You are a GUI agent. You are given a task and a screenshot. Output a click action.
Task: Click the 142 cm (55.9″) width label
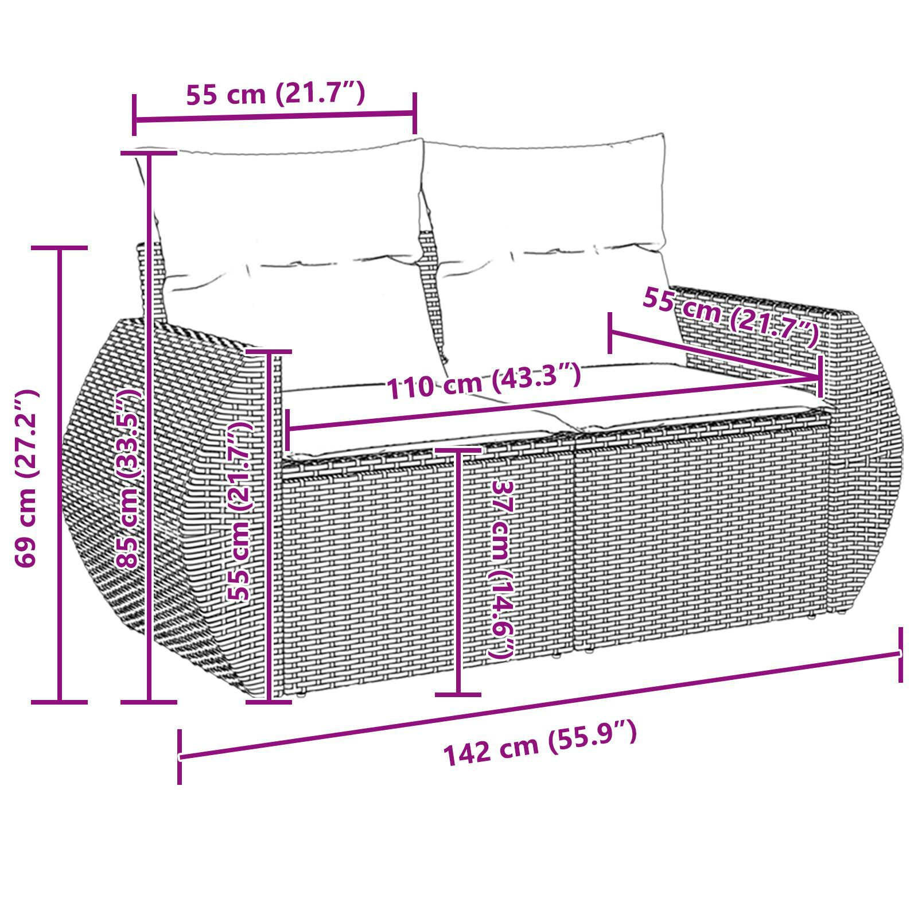pyautogui.click(x=539, y=745)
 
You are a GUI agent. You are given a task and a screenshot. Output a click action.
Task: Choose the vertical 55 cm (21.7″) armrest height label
pyautogui.click(x=240, y=512)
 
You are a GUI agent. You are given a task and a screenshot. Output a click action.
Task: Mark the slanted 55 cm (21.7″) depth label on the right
pyautogui.click(x=730, y=317)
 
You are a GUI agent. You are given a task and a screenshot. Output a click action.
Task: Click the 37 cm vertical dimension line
pyautogui.click(x=458, y=574)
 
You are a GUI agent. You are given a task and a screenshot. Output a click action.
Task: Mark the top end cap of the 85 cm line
pyautogui.click(x=149, y=153)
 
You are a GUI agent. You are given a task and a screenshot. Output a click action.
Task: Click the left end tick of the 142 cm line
pyautogui.click(x=180, y=757)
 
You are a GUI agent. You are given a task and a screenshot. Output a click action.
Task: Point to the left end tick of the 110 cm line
pyautogui.click(x=288, y=429)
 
